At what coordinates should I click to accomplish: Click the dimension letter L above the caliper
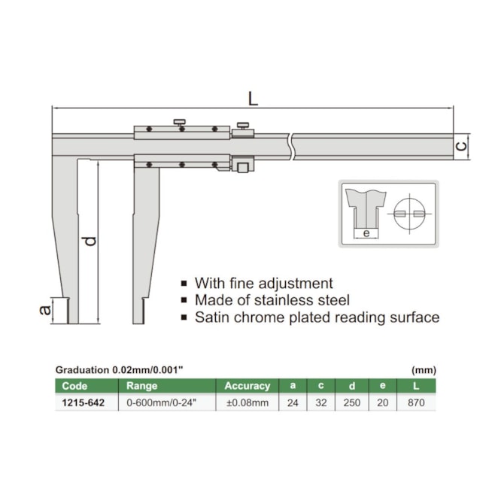pos(253,99)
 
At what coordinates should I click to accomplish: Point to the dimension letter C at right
pos(462,146)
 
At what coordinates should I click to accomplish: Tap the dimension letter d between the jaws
pos(90,241)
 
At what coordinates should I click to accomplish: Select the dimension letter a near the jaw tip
pos(46,310)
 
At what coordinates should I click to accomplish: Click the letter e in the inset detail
pos(366,232)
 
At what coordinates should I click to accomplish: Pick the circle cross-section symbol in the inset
pos(409,214)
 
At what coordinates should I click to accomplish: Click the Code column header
pos(74,386)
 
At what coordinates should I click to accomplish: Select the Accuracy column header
pos(248,386)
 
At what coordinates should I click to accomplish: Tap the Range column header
pos(142,386)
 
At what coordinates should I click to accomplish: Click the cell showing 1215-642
pos(83,402)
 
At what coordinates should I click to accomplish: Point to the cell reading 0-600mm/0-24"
pos(161,402)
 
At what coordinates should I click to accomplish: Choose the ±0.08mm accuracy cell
pos(248,402)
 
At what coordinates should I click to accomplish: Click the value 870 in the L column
pos(416,402)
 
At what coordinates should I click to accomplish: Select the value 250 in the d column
pos(352,402)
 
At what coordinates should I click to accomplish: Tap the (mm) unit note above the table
pos(424,370)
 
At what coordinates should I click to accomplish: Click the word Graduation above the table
pos(82,370)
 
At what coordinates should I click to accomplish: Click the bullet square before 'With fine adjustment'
pos(184,284)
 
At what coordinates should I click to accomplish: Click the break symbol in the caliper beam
pos(291,147)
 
